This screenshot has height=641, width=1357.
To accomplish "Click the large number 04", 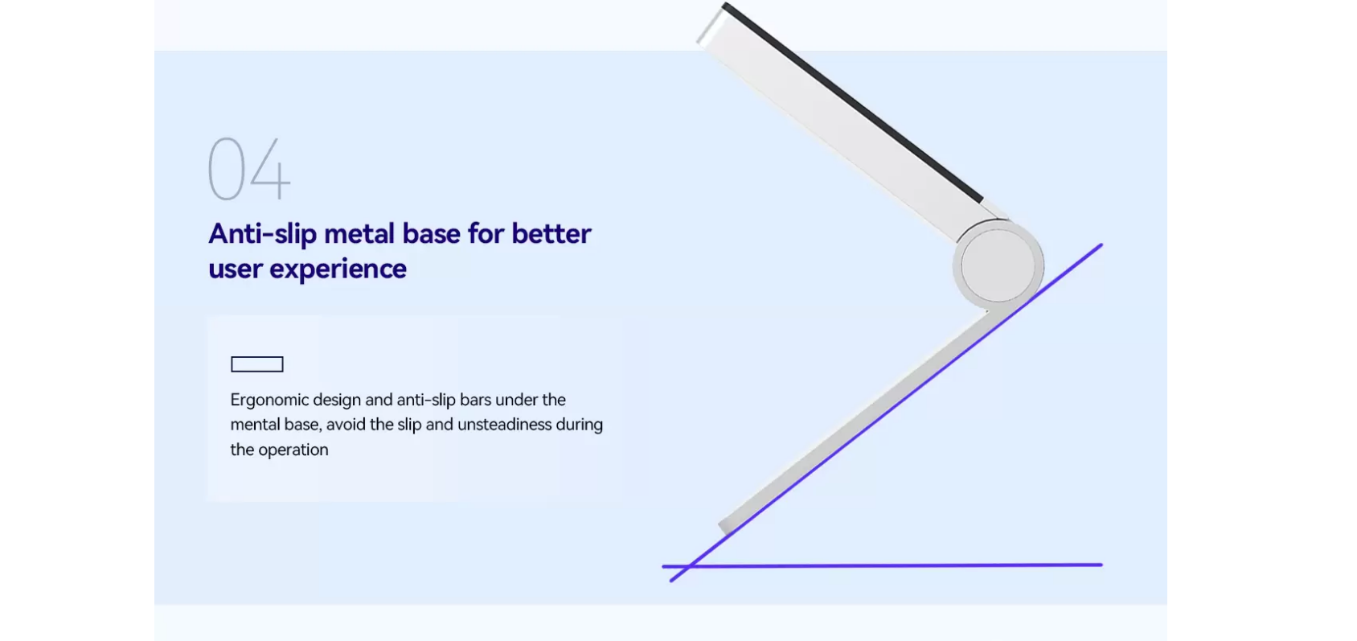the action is [249, 168].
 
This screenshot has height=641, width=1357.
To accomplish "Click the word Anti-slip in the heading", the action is [262, 234].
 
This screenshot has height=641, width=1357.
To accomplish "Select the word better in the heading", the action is [551, 234].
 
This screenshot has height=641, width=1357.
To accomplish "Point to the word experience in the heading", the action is [338, 269].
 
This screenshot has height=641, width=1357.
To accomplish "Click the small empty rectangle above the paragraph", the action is [257, 364].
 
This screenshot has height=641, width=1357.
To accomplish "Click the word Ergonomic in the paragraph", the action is [269, 401].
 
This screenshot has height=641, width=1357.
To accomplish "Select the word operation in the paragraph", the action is [293, 450].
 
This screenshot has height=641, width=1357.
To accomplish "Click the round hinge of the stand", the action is [998, 265].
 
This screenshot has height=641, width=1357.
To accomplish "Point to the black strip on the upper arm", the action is [852, 102].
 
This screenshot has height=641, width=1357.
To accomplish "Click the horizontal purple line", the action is [882, 566].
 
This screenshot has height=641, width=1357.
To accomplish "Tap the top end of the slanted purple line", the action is [1101, 244].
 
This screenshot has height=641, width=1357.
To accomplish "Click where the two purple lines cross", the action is [690, 566].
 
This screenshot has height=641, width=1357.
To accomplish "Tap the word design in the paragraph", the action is [337, 401].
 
